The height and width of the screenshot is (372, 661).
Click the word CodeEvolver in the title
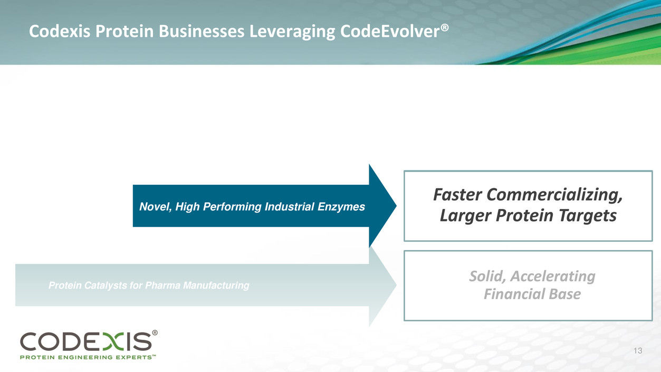click(390, 31)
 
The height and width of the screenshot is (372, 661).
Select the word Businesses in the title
click(202, 31)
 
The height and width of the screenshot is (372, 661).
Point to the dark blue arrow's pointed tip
click(396, 206)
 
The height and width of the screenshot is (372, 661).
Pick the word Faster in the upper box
click(457, 195)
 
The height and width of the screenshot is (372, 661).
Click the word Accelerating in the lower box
click(553, 277)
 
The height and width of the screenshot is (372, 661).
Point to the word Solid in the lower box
click(487, 276)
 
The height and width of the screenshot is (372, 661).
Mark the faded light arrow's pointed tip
click(396, 285)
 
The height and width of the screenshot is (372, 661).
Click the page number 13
click(638, 351)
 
